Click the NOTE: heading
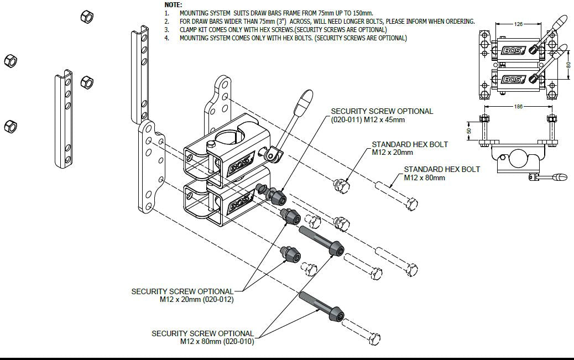(x=174, y=4)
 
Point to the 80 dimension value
(x=569, y=65)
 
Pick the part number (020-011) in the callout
(x=347, y=119)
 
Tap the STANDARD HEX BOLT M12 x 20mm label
(x=409, y=148)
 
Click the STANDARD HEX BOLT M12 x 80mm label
(x=442, y=174)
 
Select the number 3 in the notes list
(x=166, y=29)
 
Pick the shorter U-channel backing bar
(x=64, y=121)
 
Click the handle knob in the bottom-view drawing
(x=560, y=178)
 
